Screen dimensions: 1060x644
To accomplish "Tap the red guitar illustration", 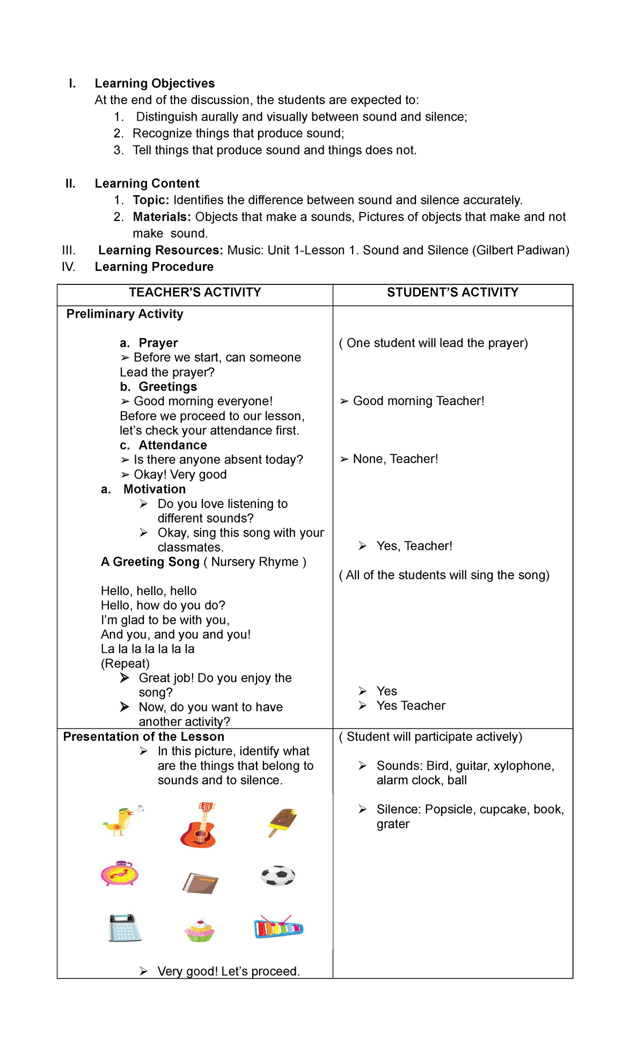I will click(x=199, y=826).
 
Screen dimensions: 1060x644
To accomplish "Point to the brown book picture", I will click(x=200, y=882).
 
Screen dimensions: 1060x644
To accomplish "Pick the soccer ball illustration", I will click(x=278, y=876).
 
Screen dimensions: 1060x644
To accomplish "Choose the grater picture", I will click(x=124, y=928).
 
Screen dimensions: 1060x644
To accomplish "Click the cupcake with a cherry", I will click(x=199, y=930).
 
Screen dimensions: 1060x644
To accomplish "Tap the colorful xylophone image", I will click(x=279, y=927).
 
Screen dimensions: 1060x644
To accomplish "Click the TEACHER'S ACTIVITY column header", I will click(x=195, y=292).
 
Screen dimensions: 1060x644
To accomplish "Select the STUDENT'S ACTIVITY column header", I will click(x=452, y=292).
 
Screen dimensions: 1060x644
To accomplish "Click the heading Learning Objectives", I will click(x=155, y=83).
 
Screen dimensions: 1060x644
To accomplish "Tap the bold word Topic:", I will click(x=151, y=200).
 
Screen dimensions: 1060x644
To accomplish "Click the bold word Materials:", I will click(x=162, y=217).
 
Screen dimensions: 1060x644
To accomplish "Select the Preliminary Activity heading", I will click(x=125, y=314).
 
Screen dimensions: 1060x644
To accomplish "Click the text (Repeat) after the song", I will click(x=125, y=664).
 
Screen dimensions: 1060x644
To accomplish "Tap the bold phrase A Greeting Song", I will click(x=150, y=562).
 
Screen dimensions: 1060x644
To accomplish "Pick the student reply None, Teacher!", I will click(x=395, y=459).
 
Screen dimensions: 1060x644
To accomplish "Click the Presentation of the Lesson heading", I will click(x=143, y=737).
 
